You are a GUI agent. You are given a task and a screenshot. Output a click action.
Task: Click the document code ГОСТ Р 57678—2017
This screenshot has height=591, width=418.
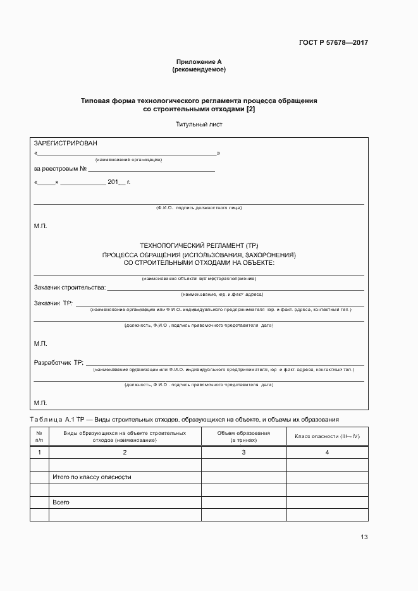(333, 43)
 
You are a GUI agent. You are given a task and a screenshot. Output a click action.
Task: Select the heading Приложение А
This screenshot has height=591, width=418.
(199, 62)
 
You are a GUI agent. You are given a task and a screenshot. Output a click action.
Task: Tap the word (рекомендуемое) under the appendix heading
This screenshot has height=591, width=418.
(199, 70)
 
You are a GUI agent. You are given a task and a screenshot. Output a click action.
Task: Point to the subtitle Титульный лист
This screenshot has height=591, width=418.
(199, 125)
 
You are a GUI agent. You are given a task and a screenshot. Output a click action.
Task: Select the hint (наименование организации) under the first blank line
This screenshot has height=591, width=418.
(128, 160)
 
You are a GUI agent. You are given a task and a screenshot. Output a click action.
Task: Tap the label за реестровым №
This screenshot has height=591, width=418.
(60, 169)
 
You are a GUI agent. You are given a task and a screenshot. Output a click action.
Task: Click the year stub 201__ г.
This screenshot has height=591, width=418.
(118, 182)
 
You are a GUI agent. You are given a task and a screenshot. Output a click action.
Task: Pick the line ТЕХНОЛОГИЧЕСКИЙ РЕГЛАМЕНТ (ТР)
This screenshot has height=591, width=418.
(199, 245)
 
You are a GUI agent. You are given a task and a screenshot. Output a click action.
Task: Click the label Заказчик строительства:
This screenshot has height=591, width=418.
(70, 288)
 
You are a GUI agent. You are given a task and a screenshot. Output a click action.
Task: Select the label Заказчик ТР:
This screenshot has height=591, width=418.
(53, 303)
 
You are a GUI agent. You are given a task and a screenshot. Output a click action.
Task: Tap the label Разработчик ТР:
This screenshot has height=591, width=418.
(59, 363)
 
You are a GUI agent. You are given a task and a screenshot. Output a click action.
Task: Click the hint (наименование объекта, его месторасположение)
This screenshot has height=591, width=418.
(199, 279)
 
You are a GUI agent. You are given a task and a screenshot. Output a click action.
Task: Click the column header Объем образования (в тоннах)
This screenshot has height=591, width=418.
(243, 436)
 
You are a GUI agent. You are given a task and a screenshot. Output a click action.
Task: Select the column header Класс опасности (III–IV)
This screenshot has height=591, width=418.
(327, 436)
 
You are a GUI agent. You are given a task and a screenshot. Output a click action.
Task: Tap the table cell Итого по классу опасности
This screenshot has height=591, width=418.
(92, 477)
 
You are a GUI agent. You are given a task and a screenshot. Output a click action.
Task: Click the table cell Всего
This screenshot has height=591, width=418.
(61, 503)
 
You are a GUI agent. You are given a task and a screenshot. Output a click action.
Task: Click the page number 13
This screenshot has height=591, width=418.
(364, 537)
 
